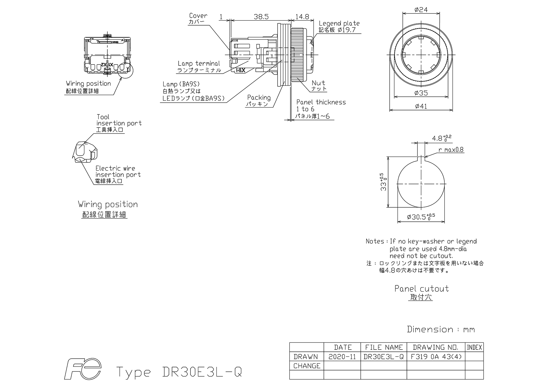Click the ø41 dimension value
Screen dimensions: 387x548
(x=421, y=106)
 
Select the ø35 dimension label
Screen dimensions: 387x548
(x=421, y=93)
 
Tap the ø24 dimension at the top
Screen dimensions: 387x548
(x=421, y=10)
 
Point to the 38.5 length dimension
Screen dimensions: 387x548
(x=261, y=17)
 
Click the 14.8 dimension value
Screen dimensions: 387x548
(x=302, y=17)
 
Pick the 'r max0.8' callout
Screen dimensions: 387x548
(x=451, y=150)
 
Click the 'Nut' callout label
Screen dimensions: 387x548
(x=318, y=83)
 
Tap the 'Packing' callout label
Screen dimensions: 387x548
(x=259, y=98)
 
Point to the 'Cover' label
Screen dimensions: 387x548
(x=198, y=16)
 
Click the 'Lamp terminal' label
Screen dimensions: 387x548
(x=199, y=64)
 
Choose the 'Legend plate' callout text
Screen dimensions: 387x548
(x=339, y=23)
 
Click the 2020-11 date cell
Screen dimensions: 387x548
(x=342, y=357)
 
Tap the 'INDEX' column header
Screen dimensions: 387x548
(x=474, y=347)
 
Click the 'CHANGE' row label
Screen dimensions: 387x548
(x=307, y=366)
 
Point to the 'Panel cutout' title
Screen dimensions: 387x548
(x=422, y=288)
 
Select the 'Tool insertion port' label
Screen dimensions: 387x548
(x=119, y=120)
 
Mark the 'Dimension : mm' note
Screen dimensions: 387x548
(x=441, y=329)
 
